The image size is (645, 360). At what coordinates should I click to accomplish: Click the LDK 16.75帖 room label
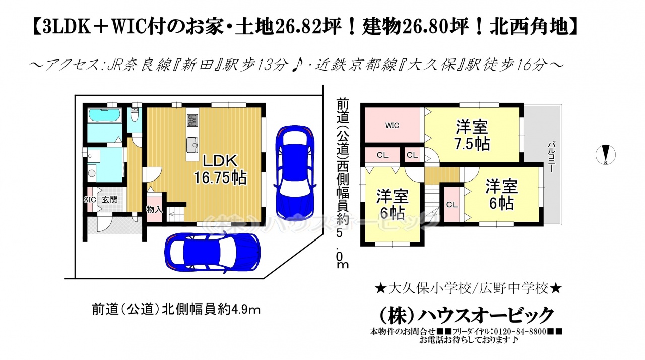pos(220,169)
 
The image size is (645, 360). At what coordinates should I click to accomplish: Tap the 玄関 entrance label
pos(110,200)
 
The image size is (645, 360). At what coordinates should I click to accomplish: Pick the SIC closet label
pos(90,200)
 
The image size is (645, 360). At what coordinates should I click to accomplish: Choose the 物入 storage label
pos(154,209)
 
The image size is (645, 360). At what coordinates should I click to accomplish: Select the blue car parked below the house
pos(213,252)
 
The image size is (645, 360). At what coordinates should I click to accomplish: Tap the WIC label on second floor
pos(392,125)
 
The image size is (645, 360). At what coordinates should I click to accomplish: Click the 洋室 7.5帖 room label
pos(472,135)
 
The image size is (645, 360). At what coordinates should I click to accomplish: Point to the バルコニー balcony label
pos(551,157)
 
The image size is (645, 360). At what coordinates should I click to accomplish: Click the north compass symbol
pos(606,155)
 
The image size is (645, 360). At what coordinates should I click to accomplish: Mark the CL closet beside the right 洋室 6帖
pos(452,205)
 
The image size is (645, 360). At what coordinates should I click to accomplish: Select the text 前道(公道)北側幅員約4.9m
pos(176,310)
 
